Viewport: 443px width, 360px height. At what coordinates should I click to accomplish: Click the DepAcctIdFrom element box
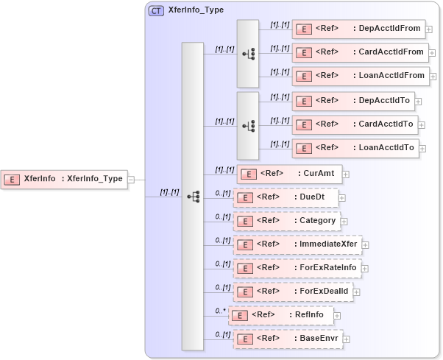coord(358,29)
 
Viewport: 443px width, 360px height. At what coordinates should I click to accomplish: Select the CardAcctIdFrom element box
coord(359,52)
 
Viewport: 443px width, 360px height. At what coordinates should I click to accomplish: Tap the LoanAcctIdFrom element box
coord(359,76)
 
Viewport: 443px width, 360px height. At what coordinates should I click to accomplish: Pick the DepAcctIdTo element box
coord(354,101)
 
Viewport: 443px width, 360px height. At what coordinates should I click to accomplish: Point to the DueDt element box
coord(286,197)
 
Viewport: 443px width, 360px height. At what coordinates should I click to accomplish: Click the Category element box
coord(286,221)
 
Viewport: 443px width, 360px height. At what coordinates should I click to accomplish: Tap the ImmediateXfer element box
coord(297,244)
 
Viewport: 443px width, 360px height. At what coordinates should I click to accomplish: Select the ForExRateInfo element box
coord(297,268)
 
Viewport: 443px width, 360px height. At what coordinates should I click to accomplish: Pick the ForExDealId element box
coord(293,292)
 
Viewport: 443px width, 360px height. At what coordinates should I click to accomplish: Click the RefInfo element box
coord(282,316)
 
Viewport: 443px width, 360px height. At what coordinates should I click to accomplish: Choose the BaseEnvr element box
coord(288,339)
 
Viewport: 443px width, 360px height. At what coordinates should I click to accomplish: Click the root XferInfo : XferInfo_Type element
coord(64,179)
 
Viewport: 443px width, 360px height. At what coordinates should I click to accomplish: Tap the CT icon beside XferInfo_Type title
coord(156,11)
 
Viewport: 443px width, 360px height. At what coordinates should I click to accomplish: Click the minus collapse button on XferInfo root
coord(131,179)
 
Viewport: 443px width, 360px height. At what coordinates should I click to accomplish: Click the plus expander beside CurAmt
coord(346,174)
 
